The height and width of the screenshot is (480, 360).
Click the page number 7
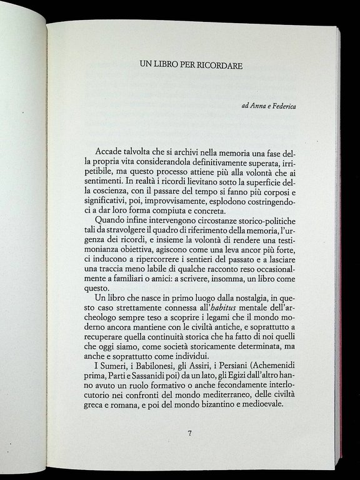pos(189,433)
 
